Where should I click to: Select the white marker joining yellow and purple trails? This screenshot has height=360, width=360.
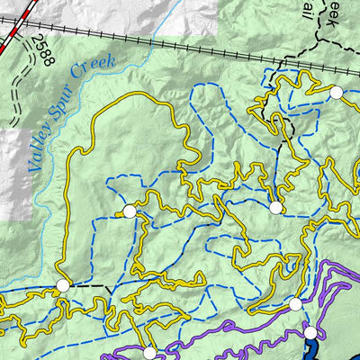(x=294, y=304)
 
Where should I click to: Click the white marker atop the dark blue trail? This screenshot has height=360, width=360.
(x=310, y=333)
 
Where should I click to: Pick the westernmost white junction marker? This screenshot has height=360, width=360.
(x=62, y=285)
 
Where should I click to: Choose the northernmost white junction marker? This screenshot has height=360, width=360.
(x=336, y=93)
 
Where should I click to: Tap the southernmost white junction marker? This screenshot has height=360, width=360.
(x=149, y=353)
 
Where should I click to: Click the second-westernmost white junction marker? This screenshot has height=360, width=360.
(x=129, y=211)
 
